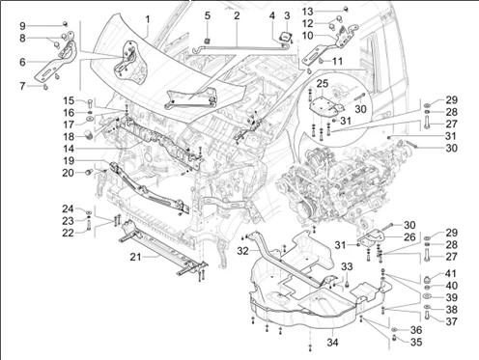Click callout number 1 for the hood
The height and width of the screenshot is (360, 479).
click(x=148, y=19)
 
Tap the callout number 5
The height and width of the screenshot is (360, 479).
click(x=208, y=15)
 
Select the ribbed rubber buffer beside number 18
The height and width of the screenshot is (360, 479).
click(x=88, y=134)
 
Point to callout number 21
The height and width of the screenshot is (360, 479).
click(x=136, y=257)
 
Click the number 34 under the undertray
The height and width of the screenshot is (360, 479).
click(x=332, y=342)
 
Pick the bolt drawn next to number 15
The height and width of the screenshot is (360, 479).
click(x=90, y=103)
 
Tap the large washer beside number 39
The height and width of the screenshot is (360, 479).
click(x=428, y=296)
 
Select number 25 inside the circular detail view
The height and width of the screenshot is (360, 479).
click(x=322, y=84)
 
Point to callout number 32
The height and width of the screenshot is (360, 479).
click(x=243, y=250)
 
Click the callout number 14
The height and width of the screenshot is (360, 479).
click(x=69, y=149)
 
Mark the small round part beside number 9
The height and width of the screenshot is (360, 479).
click(x=65, y=23)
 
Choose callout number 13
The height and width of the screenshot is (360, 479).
click(x=308, y=12)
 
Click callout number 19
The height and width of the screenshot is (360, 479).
click(x=69, y=160)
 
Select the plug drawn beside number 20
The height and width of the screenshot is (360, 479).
click(x=89, y=172)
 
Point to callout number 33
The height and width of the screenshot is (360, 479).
click(x=347, y=266)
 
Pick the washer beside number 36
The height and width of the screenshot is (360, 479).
click(x=395, y=330)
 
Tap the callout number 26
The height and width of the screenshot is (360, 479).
click(x=409, y=237)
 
